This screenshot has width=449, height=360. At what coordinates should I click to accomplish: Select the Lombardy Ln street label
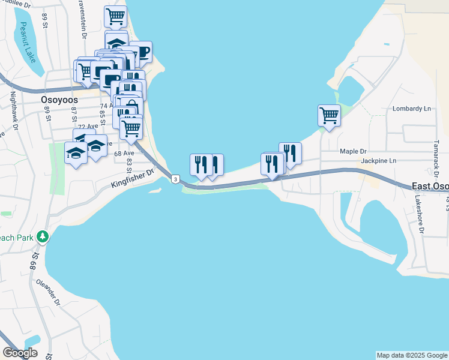(412, 109)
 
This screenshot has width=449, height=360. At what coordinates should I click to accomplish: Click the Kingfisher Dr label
(132, 179)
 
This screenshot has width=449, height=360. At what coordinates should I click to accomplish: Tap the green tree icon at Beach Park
(42, 237)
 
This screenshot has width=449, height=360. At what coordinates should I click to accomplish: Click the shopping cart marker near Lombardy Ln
(329, 115)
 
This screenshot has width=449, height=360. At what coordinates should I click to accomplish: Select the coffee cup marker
(142, 52)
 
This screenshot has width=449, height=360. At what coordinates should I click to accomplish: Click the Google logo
(20, 353)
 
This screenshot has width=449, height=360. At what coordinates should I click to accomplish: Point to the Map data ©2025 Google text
(412, 355)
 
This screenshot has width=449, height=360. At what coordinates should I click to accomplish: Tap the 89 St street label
(44, 19)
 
